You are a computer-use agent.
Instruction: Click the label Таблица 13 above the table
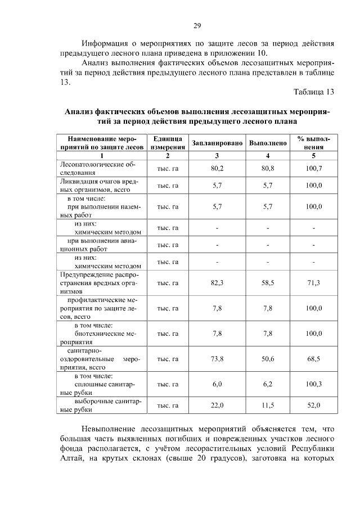[314, 92]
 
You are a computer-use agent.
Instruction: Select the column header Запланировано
[217, 143]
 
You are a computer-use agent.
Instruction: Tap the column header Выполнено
[268, 143]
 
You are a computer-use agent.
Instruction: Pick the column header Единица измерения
[167, 143]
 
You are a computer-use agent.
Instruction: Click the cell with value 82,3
[217, 283]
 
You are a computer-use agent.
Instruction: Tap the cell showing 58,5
[268, 283]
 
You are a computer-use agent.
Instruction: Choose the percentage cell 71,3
[313, 283]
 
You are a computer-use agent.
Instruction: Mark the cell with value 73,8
[217, 359]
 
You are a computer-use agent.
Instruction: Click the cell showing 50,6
[268, 359]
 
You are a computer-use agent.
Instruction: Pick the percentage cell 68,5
[313, 359]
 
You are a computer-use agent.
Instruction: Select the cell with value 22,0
[217, 405]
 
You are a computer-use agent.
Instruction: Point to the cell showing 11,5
[268, 405]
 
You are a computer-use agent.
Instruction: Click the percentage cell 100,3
[313, 384]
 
